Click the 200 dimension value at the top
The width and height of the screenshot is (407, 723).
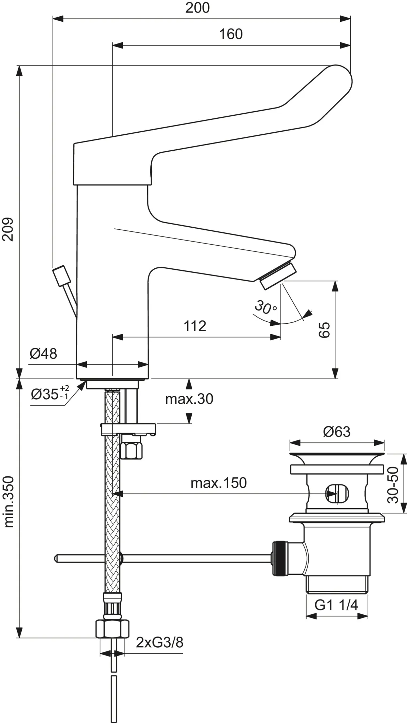tap(197, 8)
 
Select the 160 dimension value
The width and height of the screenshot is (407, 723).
tap(231, 34)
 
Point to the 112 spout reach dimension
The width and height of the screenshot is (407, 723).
tap(195, 326)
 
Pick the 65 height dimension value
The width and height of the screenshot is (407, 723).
tap(324, 329)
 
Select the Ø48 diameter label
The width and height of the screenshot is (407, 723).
tap(43, 354)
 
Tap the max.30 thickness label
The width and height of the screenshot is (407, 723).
tap(189, 399)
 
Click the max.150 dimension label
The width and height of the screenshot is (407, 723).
tap(218, 483)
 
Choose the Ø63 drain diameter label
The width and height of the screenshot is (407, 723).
tap(336, 432)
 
